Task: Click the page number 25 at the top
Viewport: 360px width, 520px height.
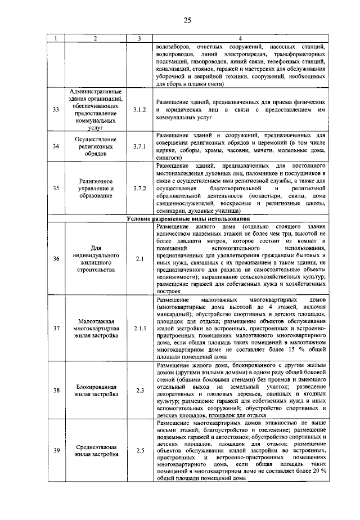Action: tap(187, 21)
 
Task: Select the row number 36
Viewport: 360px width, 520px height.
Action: tap(56, 258)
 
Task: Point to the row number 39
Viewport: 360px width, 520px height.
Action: tap(56, 450)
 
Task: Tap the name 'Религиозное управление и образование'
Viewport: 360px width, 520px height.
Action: tap(96, 189)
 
